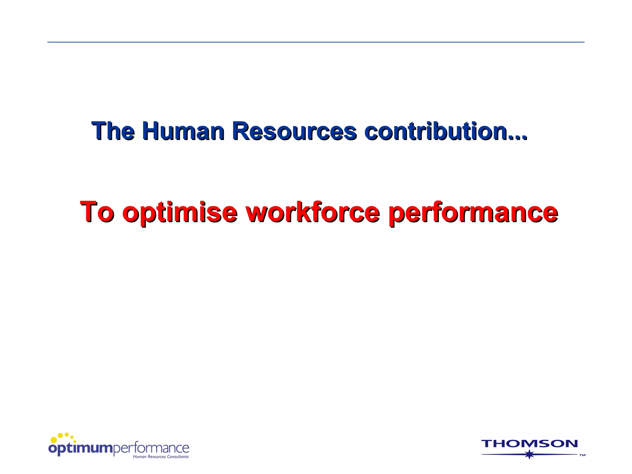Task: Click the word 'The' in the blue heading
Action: pyautogui.click(x=113, y=131)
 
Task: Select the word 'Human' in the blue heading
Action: pyautogui.click(x=183, y=131)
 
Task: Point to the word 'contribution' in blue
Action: pyautogui.click(x=435, y=131)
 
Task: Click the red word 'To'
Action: pyautogui.click(x=97, y=212)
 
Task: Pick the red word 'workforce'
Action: pyautogui.click(x=313, y=212)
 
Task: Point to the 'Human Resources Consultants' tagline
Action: pyautogui.click(x=160, y=457)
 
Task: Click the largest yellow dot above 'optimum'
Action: pyautogui.click(x=54, y=439)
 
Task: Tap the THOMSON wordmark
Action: pyautogui.click(x=529, y=444)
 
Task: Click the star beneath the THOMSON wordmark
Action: pyautogui.click(x=530, y=454)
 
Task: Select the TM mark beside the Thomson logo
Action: pyautogui.click(x=582, y=455)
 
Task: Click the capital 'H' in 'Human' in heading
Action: pyautogui.click(x=151, y=131)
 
